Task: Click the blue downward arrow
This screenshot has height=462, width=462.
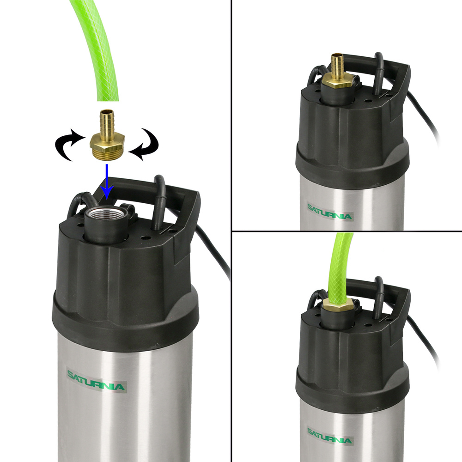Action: (x=107, y=181)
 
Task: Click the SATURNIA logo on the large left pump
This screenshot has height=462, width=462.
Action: (x=96, y=380)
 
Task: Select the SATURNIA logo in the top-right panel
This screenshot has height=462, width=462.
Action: (x=329, y=212)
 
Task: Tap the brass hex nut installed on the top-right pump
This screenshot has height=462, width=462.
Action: (x=338, y=80)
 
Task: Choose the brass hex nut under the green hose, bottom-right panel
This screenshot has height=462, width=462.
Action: (x=338, y=304)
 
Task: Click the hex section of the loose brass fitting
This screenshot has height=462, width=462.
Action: (x=107, y=142)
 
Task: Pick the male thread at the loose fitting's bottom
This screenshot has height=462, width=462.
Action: (x=107, y=155)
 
